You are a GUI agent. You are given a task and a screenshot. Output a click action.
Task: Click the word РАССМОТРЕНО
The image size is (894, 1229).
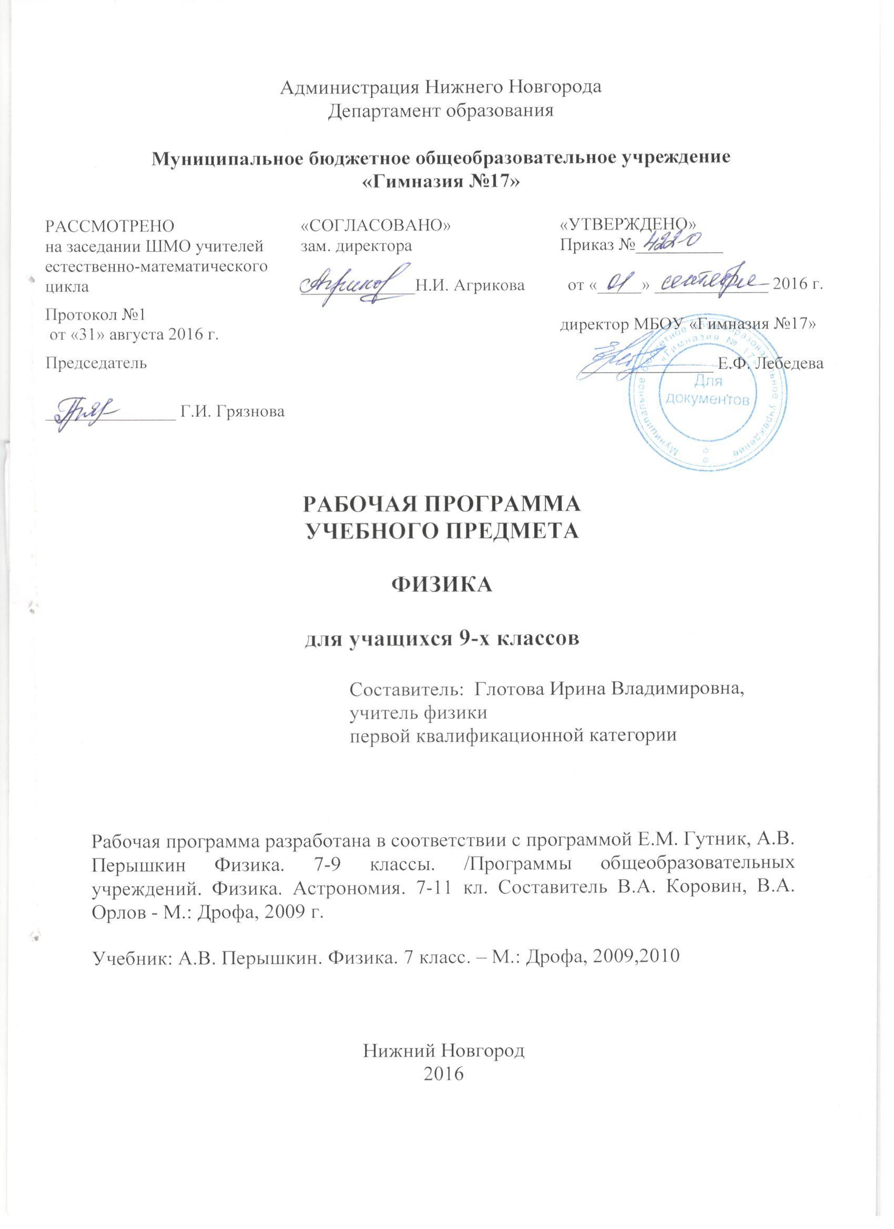tap(109, 226)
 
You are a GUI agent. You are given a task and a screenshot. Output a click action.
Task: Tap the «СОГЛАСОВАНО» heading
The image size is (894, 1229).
tap(376, 226)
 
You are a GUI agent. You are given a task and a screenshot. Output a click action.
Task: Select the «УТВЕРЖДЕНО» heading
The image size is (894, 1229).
tap(628, 224)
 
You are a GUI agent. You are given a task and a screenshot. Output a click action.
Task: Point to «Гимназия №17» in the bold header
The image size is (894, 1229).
tap(440, 182)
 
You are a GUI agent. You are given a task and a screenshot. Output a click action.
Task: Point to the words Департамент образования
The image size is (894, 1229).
tap(441, 110)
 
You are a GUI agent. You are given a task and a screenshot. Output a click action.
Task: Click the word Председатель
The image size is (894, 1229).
tap(95, 363)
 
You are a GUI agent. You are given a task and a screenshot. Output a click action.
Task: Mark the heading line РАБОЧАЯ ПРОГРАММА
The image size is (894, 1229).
tap(441, 504)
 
